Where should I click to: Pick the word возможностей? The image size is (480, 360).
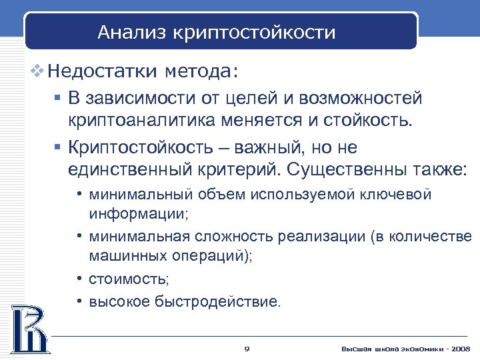[x=361, y=99]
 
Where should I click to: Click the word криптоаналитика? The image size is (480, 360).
[x=141, y=121]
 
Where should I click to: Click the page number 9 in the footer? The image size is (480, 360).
[x=247, y=349]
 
